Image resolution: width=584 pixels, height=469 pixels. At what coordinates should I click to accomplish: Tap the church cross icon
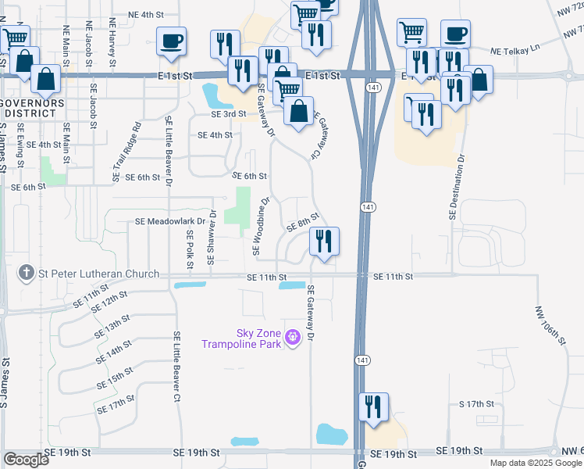pyautogui.click(x=27, y=274)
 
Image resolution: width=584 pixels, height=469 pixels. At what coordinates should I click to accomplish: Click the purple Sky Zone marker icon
pyautogui.click(x=293, y=338)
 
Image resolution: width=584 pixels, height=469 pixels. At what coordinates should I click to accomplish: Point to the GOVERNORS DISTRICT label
pyautogui.click(x=31, y=108)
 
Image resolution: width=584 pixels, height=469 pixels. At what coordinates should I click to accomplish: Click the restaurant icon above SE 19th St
pyautogui.click(x=374, y=406)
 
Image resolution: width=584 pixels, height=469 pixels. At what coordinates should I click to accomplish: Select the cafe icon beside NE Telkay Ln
pyautogui.click(x=455, y=34)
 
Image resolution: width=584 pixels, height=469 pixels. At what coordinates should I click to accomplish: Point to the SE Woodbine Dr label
pyautogui.click(x=261, y=226)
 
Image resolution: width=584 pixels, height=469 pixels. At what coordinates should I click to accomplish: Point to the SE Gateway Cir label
pyautogui.click(x=318, y=134)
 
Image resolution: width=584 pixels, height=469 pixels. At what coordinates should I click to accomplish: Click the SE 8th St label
pyautogui.click(x=302, y=221)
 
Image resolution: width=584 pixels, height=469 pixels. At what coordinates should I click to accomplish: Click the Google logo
pyautogui.click(x=26, y=460)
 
